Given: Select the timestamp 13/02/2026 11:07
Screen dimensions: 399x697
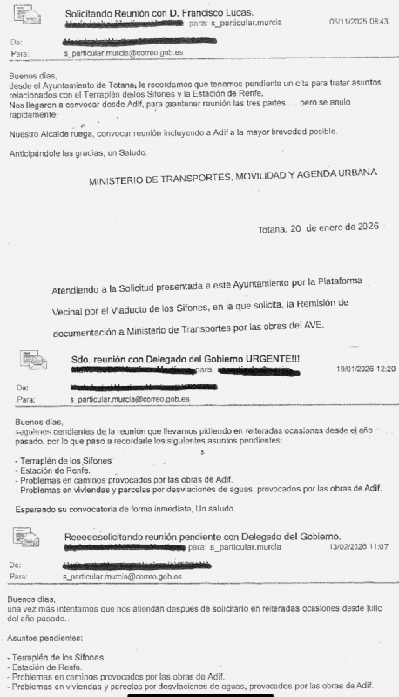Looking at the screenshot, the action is pyautogui.click(x=357, y=546).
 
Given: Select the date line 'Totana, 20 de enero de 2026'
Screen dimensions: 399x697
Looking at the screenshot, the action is pyautogui.click(x=318, y=229).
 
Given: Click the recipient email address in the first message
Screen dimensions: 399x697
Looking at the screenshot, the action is pyautogui.click(x=124, y=53).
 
